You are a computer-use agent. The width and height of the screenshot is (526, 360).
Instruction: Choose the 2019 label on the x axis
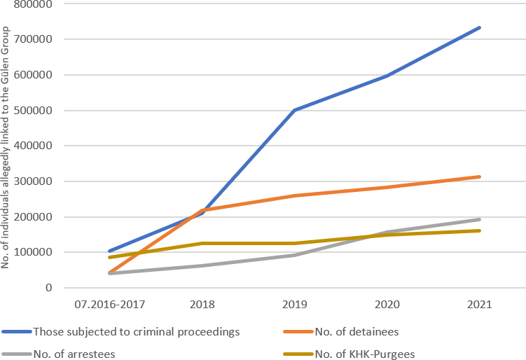[x=294, y=305]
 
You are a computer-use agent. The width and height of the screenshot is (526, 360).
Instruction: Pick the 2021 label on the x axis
[x=479, y=305]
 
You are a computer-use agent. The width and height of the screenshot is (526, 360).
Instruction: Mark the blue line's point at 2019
[x=294, y=110]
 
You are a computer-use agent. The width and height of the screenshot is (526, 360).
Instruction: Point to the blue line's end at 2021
[x=479, y=28]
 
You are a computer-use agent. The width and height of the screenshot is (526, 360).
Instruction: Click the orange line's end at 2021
[x=479, y=176]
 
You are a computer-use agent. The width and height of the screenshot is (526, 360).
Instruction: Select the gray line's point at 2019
[x=294, y=255]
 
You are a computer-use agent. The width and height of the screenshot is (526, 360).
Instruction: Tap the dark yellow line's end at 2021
[x=479, y=230]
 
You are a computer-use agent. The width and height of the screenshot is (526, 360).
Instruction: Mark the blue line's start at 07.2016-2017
[x=109, y=251]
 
